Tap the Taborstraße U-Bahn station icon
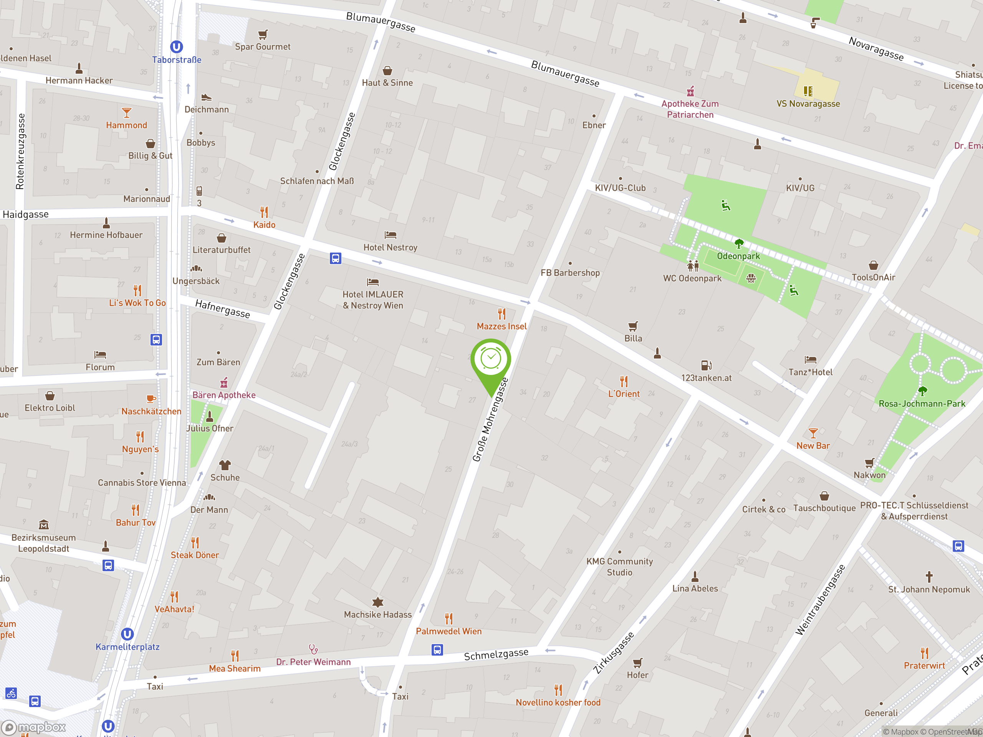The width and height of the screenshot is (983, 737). point(176,47)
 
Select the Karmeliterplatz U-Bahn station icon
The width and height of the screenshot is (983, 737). point(127,634)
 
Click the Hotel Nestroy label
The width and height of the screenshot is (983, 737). point(390,248)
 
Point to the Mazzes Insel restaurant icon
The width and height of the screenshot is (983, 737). point(502,314)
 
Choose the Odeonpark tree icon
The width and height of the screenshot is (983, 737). point(738,243)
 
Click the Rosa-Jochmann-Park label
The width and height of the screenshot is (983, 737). point(922,404)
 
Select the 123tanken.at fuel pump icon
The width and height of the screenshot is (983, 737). point(706,365)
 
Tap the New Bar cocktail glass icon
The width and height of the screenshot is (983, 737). point(813,433)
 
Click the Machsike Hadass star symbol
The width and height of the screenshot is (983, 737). point(378,602)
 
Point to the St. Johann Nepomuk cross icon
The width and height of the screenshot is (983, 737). point(929,577)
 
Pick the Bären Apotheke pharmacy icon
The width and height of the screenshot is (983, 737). point(224,382)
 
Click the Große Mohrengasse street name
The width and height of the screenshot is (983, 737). point(490,420)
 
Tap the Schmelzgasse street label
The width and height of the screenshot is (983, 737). point(496,654)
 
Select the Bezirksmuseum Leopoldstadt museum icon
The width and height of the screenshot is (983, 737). point(43,525)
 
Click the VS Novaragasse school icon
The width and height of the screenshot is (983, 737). point(808,91)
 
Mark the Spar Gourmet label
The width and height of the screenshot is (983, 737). point(263,47)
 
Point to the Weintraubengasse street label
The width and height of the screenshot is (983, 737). point(820,600)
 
